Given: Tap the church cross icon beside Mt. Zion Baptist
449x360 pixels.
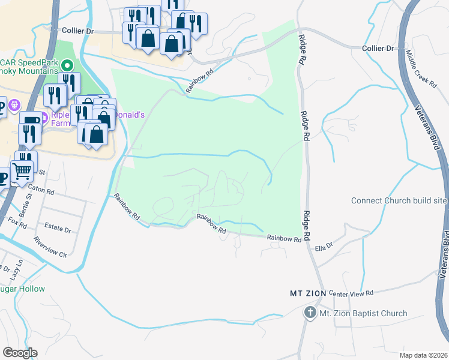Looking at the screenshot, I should [310, 312].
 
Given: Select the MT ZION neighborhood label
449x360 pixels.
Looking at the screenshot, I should [307, 293].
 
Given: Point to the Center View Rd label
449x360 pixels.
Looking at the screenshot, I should [351, 293].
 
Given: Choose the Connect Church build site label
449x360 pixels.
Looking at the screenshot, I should [399, 200].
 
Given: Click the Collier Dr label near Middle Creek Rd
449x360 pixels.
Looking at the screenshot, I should [378, 48].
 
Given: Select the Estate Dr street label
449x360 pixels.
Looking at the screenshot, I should [58, 230].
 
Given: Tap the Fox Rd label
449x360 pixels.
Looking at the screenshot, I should [18, 223].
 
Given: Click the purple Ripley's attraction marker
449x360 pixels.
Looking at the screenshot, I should [41, 115].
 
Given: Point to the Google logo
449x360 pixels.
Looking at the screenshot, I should [20, 353].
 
